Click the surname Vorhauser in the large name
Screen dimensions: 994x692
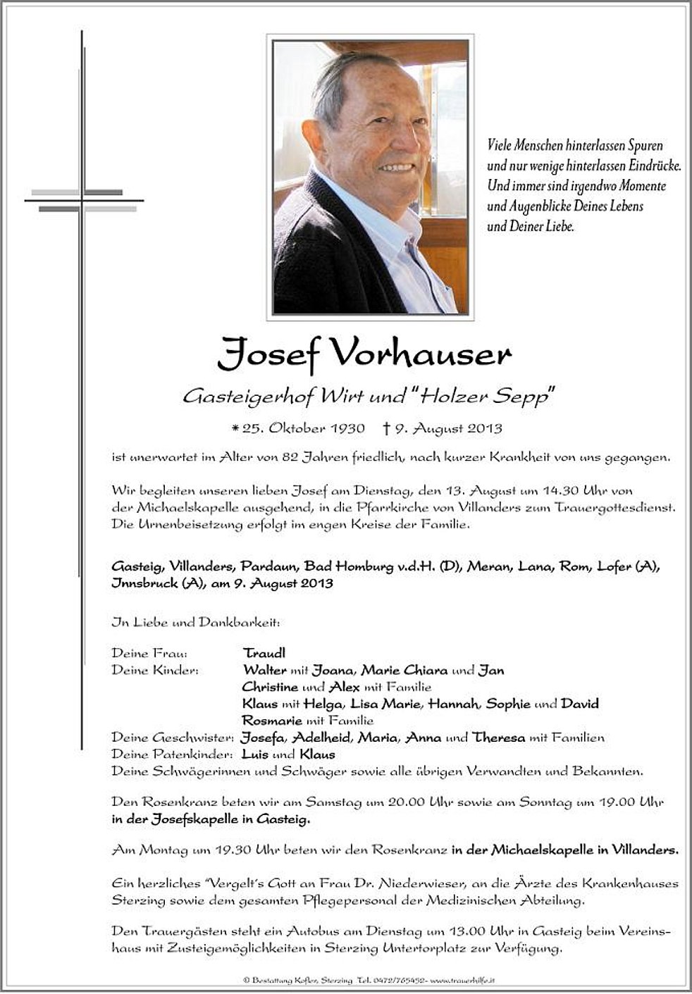point(420,354)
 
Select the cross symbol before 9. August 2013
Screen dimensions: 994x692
point(386,428)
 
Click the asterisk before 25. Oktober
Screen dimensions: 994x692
point(235,428)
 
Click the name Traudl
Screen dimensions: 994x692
point(264,653)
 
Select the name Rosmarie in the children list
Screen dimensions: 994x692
point(271,721)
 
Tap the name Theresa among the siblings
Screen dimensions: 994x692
point(499,738)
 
